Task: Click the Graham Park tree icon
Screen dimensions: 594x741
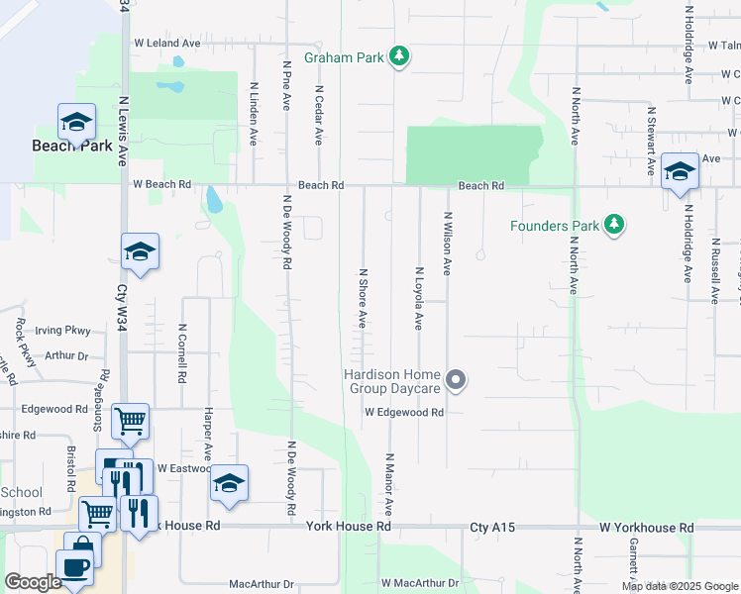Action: (x=399, y=57)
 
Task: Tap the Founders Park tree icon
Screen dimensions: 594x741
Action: (x=615, y=226)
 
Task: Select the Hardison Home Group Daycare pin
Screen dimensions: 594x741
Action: (x=456, y=380)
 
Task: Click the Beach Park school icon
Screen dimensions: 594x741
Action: (x=76, y=123)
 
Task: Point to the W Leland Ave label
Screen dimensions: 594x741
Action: (x=167, y=44)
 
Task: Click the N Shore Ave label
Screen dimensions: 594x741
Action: (x=364, y=298)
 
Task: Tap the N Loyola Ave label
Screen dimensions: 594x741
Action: (x=419, y=298)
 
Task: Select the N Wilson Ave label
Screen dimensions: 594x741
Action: (x=448, y=244)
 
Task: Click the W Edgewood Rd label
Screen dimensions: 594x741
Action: (x=403, y=412)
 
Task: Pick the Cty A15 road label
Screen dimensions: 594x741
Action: (x=492, y=529)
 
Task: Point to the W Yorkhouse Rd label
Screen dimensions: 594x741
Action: (x=646, y=529)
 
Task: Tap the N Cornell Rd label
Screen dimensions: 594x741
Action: (x=183, y=353)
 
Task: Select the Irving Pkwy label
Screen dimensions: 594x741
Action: (x=62, y=331)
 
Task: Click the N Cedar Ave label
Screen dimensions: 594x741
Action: (x=319, y=115)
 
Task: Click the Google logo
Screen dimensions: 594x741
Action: (x=34, y=582)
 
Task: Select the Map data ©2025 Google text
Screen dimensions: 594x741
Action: (x=679, y=586)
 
